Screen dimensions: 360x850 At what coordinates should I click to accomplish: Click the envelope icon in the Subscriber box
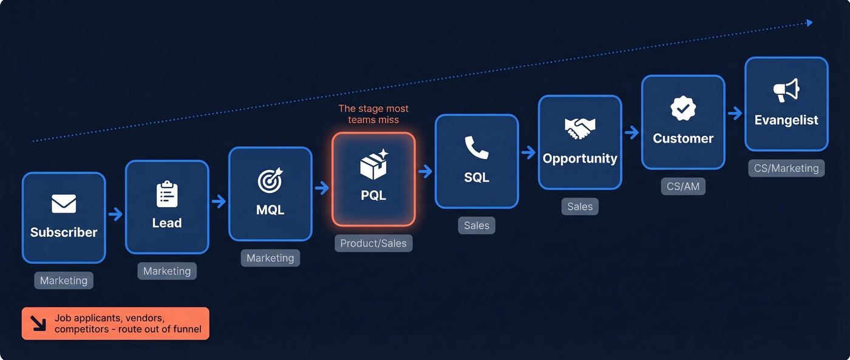click(64, 204)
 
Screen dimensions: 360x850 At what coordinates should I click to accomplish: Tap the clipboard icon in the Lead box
click(167, 194)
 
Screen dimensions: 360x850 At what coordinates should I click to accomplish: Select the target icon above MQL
click(270, 181)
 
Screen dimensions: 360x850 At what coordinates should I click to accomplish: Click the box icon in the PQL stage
click(373, 165)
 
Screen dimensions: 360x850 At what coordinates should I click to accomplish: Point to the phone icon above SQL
click(477, 148)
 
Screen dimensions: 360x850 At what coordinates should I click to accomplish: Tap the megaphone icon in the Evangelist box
click(786, 91)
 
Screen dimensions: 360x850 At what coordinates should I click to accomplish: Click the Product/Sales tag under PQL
click(373, 243)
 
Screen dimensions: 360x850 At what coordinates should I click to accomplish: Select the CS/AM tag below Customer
click(683, 186)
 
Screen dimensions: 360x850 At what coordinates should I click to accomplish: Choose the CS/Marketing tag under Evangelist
click(786, 168)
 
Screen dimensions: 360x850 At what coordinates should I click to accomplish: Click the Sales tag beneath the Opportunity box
click(580, 206)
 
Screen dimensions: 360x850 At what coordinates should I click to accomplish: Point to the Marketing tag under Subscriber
click(64, 280)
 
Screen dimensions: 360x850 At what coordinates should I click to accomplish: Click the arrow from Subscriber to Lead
click(115, 214)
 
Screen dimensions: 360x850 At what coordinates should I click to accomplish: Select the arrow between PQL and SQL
click(425, 171)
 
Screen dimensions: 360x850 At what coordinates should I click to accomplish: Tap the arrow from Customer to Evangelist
click(735, 114)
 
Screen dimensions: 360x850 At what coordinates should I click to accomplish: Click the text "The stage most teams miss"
click(373, 114)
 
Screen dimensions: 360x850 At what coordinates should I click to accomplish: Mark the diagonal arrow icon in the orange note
click(38, 323)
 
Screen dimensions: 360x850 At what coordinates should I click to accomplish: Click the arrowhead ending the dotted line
click(809, 23)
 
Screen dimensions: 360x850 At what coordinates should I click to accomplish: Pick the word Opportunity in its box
click(580, 158)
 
